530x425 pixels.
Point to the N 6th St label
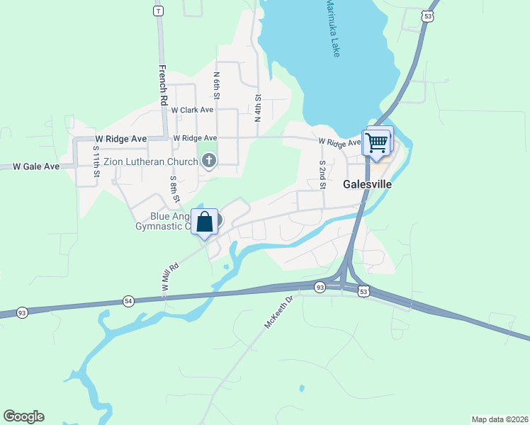click(x=217, y=84)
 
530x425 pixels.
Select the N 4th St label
click(x=259, y=108)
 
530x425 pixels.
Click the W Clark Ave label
click(x=192, y=110)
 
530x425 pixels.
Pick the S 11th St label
click(x=96, y=161)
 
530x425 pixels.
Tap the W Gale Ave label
click(x=36, y=166)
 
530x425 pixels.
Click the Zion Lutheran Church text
click(x=151, y=161)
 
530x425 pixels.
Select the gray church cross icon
click(x=208, y=161)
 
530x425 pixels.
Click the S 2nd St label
click(x=322, y=174)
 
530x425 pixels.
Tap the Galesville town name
click(x=368, y=183)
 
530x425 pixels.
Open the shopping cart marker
click(x=377, y=142)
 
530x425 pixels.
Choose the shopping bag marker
click(x=205, y=222)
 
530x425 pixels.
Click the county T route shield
click(x=159, y=11)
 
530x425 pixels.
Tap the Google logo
click(x=23, y=416)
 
